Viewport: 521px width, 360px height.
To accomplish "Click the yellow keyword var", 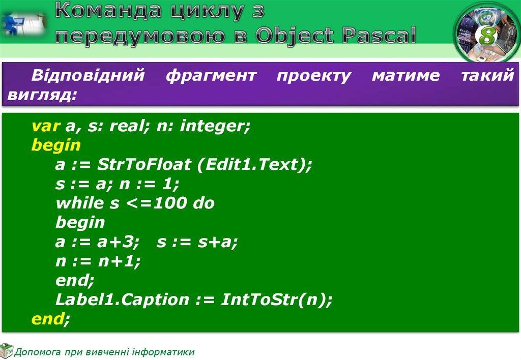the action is point(46,126).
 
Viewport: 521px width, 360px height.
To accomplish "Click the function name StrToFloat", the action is point(143,164).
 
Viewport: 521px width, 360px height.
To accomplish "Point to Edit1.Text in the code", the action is point(252,164).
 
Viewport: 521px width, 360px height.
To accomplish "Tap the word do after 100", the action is point(204,203).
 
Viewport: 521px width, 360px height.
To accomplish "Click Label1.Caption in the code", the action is point(122,300).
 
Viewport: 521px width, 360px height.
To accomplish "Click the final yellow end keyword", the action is point(47,318).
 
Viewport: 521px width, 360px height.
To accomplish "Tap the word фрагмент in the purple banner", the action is point(211,76).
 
